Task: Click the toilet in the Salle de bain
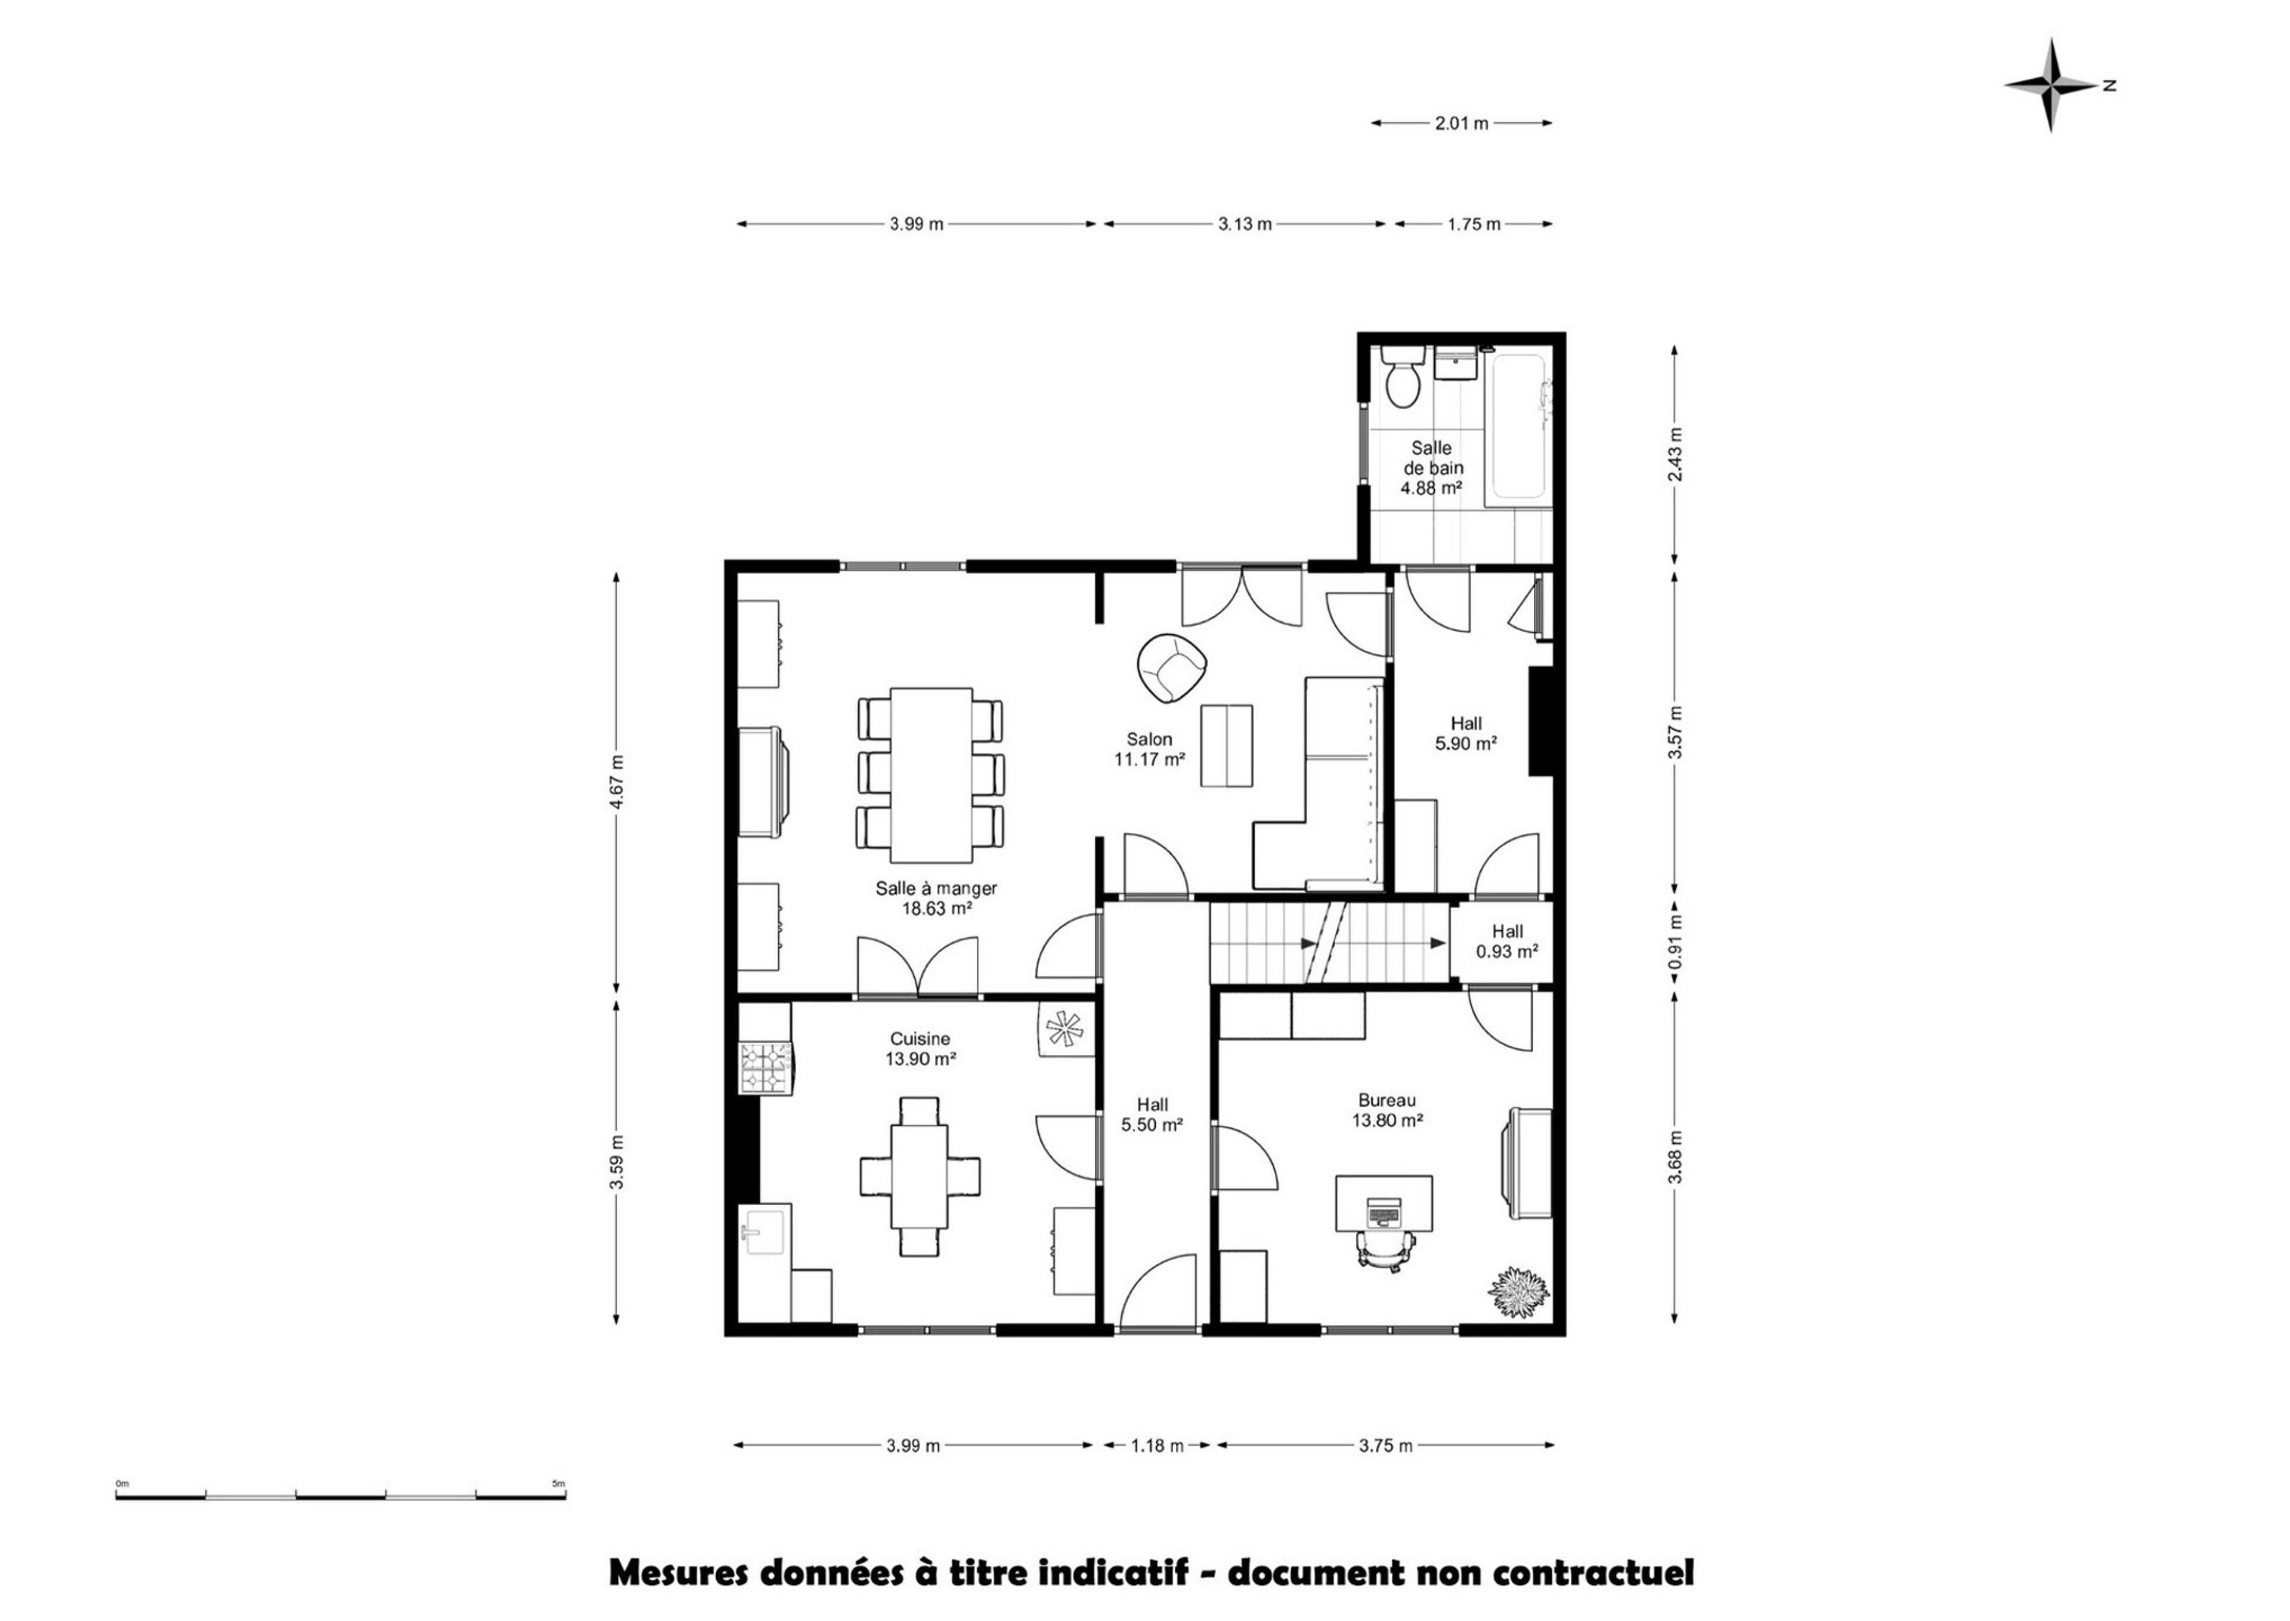click(1402, 376)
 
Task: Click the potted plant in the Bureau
click(1519, 1292)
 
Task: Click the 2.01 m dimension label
click(1462, 123)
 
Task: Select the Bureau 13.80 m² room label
click(1387, 1110)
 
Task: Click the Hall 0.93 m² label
click(1507, 941)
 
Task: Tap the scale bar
click(341, 1495)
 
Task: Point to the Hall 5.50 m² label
click(1153, 1114)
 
